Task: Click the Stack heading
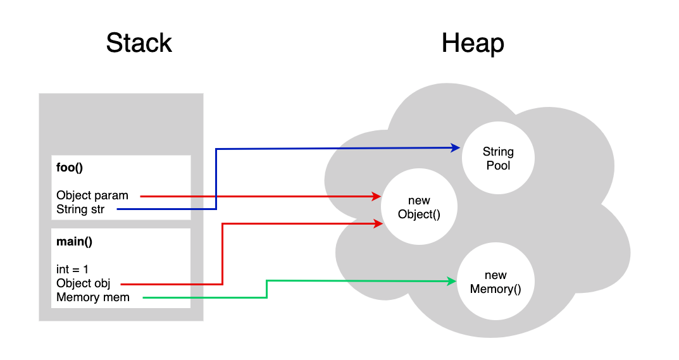[x=139, y=43]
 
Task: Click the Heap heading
[x=473, y=43]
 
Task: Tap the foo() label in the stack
[x=70, y=169]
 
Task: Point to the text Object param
[x=92, y=196]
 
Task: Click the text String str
[x=80, y=209]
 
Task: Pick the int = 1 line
[x=72, y=269]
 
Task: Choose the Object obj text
[x=83, y=283]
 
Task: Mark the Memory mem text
[x=93, y=297]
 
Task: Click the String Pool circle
[x=498, y=158]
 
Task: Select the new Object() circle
[x=419, y=208]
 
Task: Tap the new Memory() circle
[x=495, y=282]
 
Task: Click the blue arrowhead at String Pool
[x=456, y=147]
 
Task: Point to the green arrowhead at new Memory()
[x=452, y=282]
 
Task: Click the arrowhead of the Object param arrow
[x=376, y=197]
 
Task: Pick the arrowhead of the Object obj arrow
[x=378, y=223]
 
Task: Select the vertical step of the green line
[x=266, y=289]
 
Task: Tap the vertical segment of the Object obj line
[x=223, y=253]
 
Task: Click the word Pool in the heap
[x=498, y=165]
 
